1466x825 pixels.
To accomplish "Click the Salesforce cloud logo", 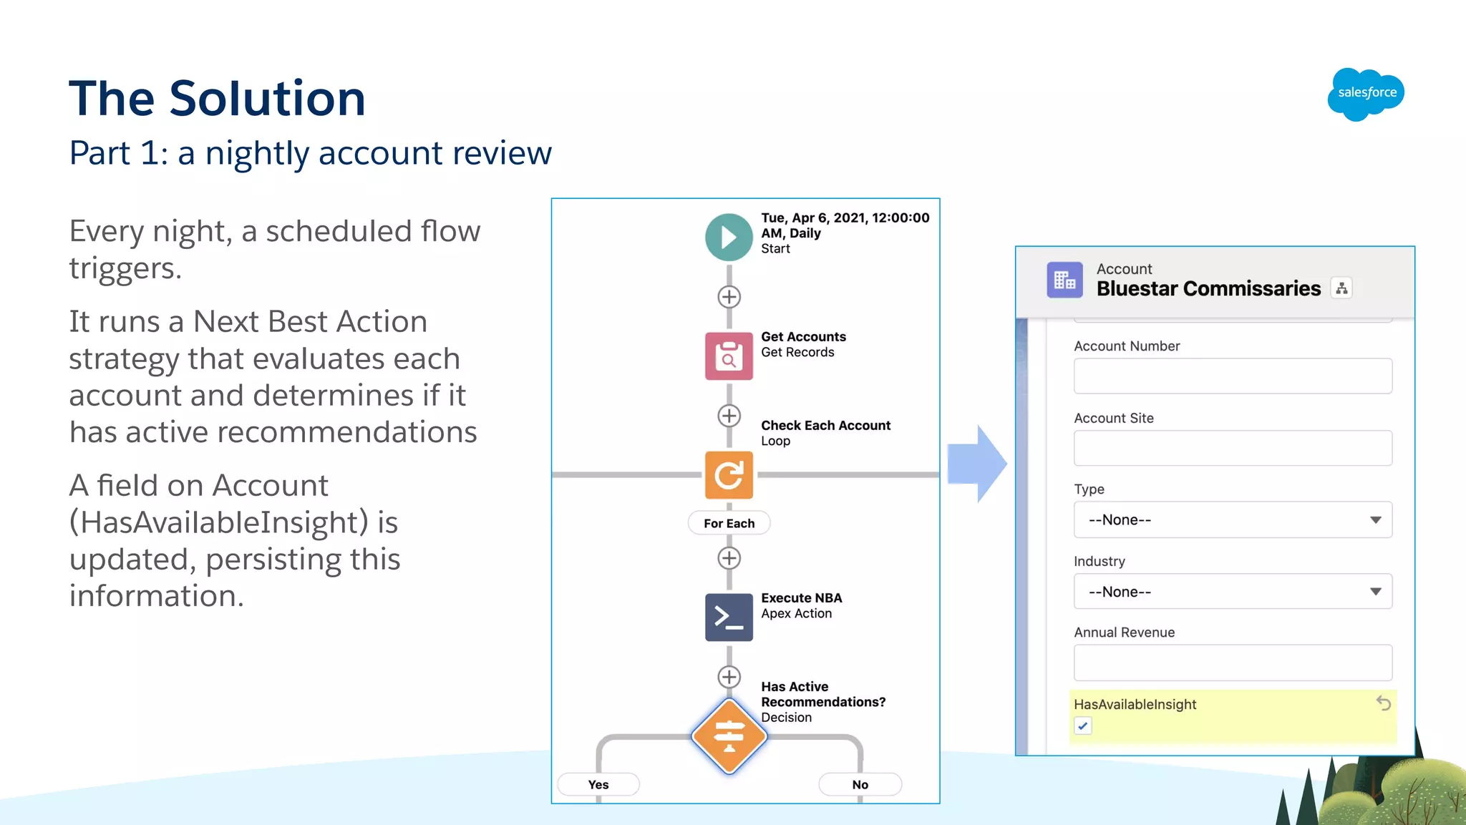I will point(1366,94).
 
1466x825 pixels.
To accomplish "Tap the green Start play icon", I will point(729,237).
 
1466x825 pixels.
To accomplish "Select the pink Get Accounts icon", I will point(729,356).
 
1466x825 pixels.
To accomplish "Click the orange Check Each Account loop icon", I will point(729,474).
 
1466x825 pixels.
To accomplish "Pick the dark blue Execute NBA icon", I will point(729,617).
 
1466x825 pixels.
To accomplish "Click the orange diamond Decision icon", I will point(729,736).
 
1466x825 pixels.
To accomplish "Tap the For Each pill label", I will point(729,523).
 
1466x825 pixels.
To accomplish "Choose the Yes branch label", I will point(598,784).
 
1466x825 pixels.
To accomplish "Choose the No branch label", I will point(860,784).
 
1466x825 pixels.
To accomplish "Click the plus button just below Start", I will point(729,296).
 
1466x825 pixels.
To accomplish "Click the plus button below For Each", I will point(729,558).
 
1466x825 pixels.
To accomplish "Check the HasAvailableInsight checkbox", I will point(1083,726).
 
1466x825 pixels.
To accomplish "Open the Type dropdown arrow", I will point(1375,519).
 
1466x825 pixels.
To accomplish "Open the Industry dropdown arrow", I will point(1375,591).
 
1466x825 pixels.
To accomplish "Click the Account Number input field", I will point(1232,376).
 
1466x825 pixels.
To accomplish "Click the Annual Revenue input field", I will point(1232,663).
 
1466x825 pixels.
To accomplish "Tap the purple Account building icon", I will point(1064,280).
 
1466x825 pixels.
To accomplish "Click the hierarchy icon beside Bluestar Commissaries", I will point(1341,288).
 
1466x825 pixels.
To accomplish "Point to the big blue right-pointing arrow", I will point(977,464).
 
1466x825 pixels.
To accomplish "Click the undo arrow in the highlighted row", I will point(1383,703).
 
